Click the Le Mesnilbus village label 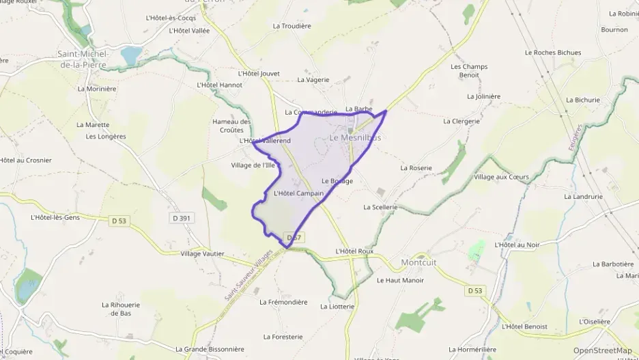[x=355, y=137]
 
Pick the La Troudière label [x=292, y=26]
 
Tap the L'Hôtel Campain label [x=298, y=193]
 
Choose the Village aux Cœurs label [x=501, y=177]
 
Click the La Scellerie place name [x=380, y=207]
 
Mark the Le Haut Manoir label [x=400, y=280]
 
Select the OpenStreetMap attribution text [x=602, y=351]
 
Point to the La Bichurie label [x=582, y=100]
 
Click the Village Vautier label [x=202, y=253]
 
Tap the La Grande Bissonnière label [x=210, y=349]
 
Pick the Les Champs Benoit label [x=469, y=70]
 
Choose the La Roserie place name [x=416, y=167]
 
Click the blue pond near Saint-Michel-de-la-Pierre [x=130, y=55]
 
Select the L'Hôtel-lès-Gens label [x=55, y=217]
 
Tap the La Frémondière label [x=283, y=302]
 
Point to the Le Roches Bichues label [x=553, y=53]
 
